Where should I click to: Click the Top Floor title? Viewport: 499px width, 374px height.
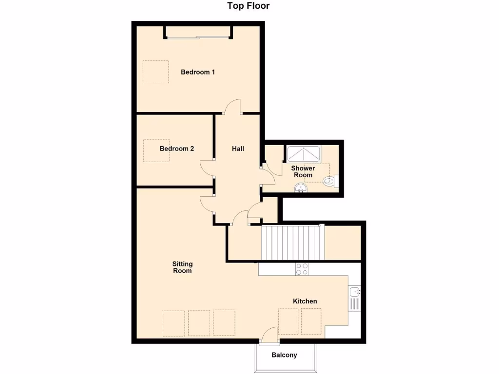coord(248,6)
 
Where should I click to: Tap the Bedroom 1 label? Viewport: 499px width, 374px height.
coord(198,72)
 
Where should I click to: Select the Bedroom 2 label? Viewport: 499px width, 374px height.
coord(176,149)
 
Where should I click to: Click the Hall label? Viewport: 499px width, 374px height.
coord(238,149)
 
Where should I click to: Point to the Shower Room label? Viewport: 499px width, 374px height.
coord(303,171)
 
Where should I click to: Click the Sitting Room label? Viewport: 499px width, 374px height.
coord(182,267)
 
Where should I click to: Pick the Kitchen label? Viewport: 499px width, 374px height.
coord(305,301)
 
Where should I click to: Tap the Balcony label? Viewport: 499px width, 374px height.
coord(284,355)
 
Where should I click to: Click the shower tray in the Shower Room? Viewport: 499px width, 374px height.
coord(303,154)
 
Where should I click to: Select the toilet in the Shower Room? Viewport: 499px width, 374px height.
coord(330,182)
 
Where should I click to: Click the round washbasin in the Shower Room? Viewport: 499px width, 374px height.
coord(300,188)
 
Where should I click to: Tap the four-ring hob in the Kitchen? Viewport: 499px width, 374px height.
coord(302,269)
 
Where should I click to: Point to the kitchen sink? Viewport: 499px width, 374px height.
coord(354,292)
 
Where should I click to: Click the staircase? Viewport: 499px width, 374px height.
coord(293,243)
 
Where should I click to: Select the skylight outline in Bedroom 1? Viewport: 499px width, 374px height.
coord(155,72)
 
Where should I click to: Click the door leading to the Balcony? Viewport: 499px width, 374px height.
coord(269,336)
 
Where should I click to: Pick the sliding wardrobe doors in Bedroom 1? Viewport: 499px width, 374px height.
coord(197,37)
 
